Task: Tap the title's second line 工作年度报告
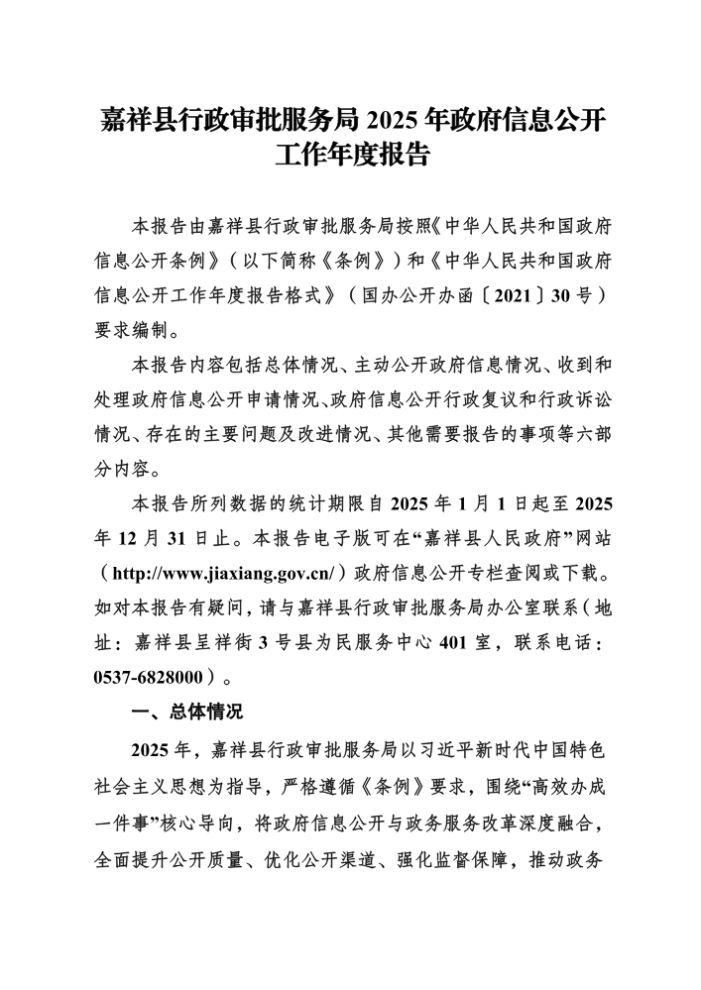[350, 157]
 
